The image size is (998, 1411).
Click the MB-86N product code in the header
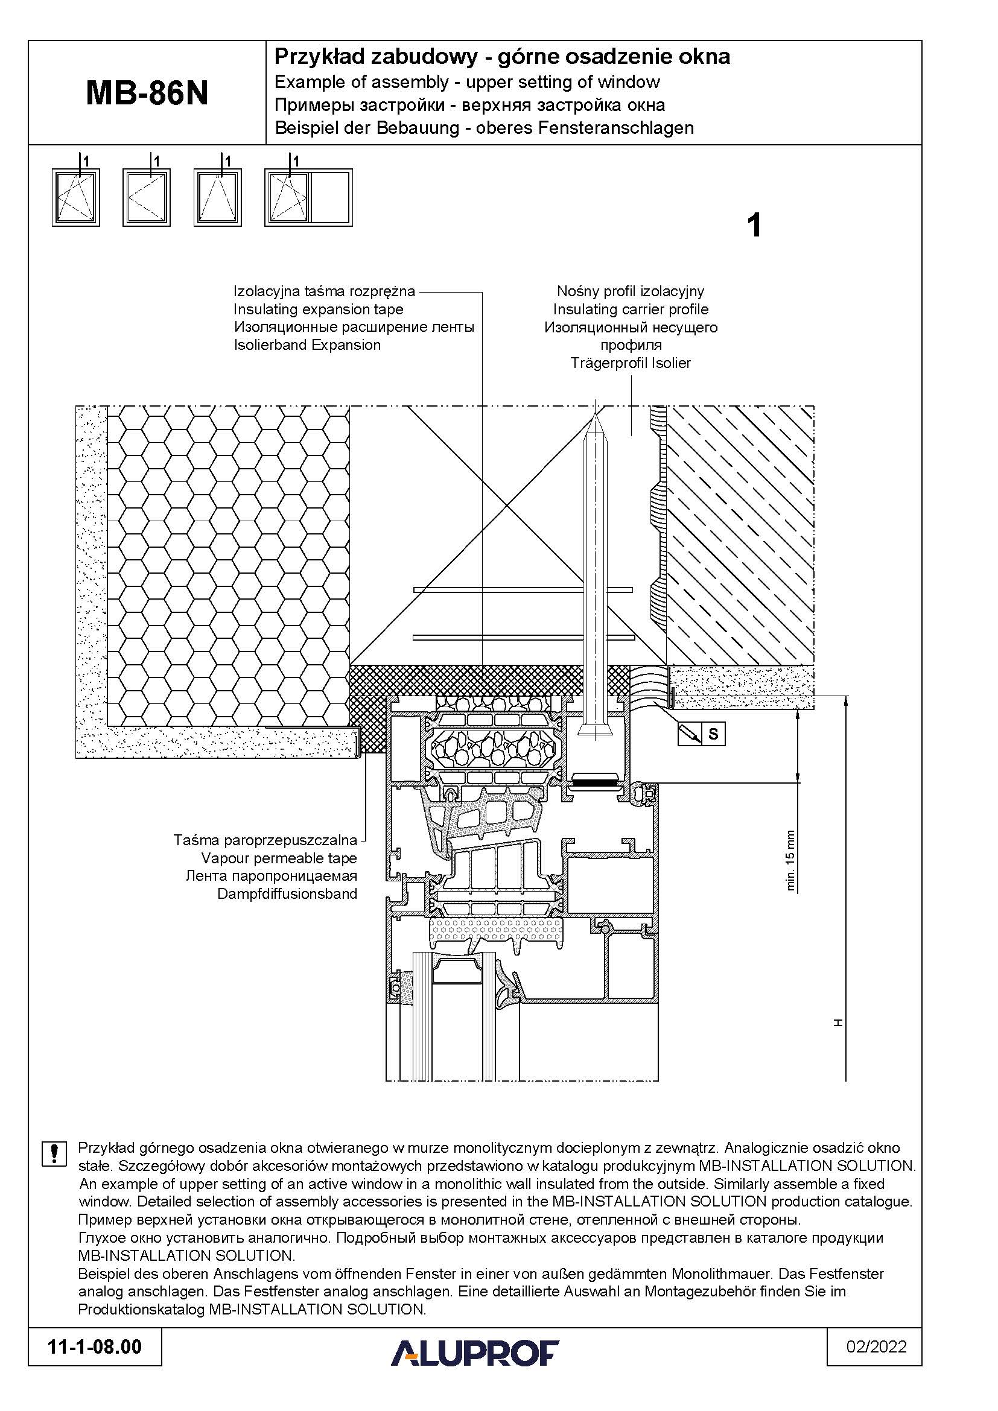tap(147, 94)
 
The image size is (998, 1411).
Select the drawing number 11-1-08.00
tap(95, 1364)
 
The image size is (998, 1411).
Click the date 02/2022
tap(876, 1364)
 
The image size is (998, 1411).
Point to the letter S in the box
tap(713, 734)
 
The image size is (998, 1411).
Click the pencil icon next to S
tap(690, 734)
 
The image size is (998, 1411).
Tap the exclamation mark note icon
tap(54, 1153)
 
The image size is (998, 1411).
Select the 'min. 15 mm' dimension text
tap(791, 861)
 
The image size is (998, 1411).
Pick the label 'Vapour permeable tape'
tap(279, 858)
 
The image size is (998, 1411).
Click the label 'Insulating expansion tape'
tap(319, 309)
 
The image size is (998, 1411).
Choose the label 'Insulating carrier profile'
tap(631, 309)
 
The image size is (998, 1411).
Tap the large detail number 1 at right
tap(754, 226)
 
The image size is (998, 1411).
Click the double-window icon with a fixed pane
tap(308, 198)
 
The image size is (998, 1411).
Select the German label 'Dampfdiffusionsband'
tap(287, 893)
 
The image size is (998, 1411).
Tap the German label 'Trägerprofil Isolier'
tap(631, 363)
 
